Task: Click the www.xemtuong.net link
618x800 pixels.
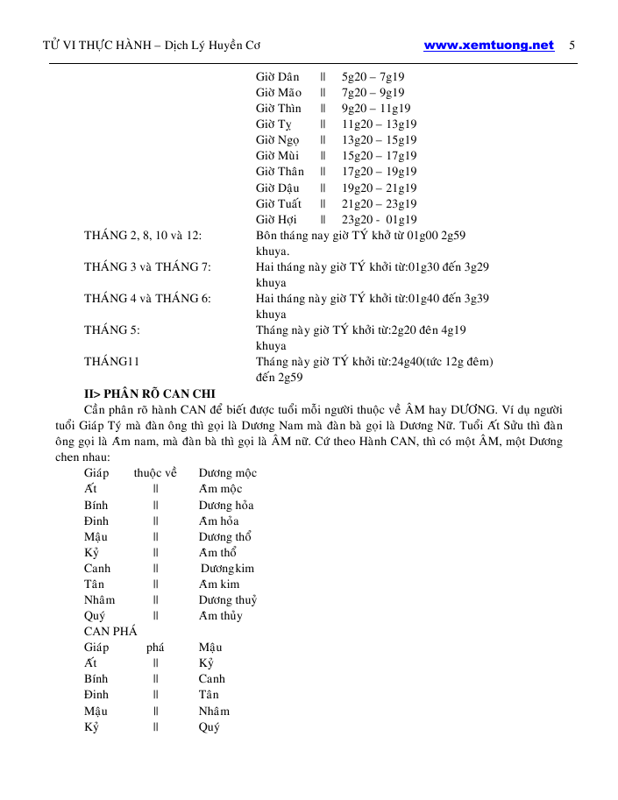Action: tap(488, 46)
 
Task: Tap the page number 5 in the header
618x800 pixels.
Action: tap(572, 46)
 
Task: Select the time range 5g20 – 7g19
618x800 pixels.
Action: tap(373, 77)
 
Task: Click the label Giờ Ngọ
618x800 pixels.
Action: tap(277, 140)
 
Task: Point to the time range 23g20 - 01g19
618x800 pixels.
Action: tap(379, 220)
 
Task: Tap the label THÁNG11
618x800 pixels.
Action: tap(112, 362)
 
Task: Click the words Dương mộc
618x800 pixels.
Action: tap(227, 473)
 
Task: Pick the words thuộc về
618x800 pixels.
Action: tap(155, 473)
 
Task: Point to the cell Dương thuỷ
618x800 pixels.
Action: tap(227, 600)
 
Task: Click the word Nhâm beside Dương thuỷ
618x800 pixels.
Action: tap(99, 600)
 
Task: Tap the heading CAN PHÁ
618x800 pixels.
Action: tap(110, 632)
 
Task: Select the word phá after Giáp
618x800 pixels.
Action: tap(155, 648)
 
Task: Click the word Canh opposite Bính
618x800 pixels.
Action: tap(212, 679)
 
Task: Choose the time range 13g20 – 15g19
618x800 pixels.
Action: tap(379, 140)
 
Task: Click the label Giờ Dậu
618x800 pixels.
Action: tap(278, 188)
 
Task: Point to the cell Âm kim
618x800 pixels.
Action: tap(219, 584)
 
